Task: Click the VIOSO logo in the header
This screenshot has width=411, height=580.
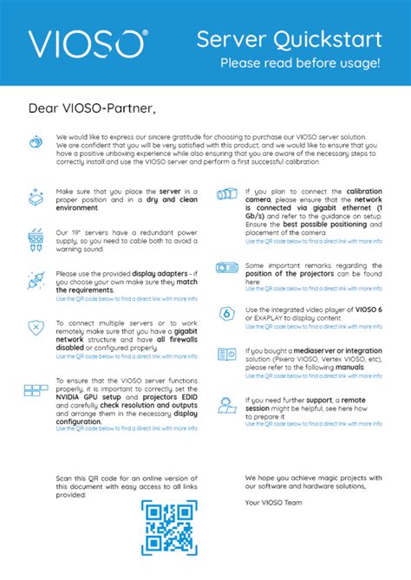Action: tap(87, 43)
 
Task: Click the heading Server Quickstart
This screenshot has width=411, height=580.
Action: tap(288, 38)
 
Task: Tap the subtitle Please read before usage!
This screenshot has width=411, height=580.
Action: tap(299, 62)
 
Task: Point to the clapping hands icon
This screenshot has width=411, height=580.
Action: tap(35, 141)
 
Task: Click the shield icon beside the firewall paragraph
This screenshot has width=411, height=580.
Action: tap(36, 328)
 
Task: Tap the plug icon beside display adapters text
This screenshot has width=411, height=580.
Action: tap(36, 282)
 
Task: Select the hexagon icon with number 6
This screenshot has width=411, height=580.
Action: tap(226, 314)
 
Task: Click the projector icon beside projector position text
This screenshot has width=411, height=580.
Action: tap(227, 268)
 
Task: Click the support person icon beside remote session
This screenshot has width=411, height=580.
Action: tap(226, 403)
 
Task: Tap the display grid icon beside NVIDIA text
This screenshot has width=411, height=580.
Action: tap(36, 390)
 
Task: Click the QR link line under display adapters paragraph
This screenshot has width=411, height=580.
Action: tap(127, 298)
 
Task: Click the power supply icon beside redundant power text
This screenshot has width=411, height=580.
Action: tap(36, 238)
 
